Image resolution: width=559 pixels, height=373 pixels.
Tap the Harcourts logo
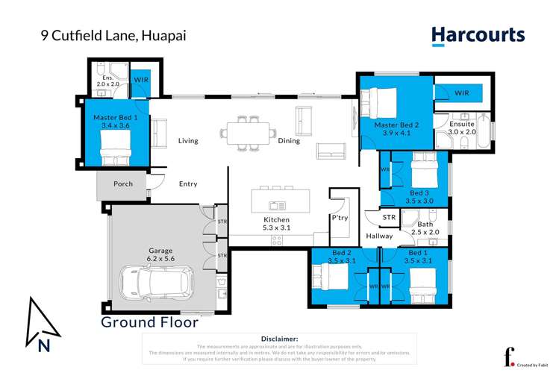point(478,35)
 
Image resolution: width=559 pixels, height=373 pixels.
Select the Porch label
point(123,184)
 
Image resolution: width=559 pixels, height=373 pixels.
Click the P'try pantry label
point(340,218)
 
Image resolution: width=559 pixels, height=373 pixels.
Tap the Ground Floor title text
point(149,322)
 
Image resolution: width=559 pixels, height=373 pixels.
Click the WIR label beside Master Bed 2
point(461,93)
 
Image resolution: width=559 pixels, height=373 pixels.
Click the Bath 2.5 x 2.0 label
point(425,228)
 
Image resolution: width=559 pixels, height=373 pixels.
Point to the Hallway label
point(379,236)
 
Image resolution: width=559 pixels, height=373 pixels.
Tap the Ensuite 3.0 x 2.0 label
point(461,128)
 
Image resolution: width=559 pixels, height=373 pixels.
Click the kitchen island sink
point(277,204)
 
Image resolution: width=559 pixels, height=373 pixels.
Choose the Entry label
point(188,184)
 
